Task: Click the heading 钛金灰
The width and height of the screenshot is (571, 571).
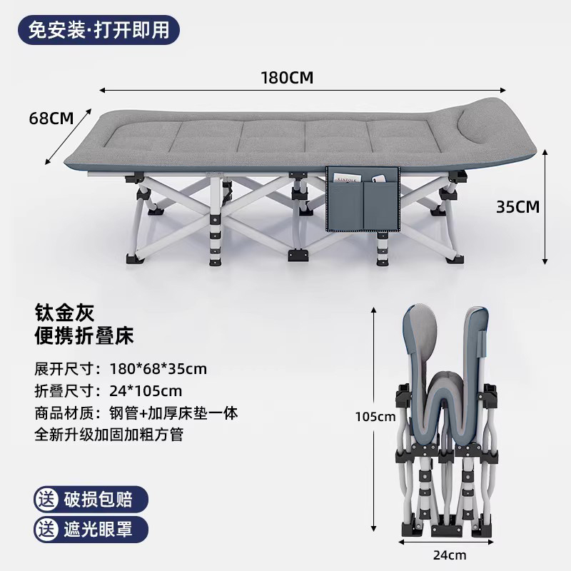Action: click(x=64, y=312)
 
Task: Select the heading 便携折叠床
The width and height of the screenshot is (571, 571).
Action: click(x=84, y=335)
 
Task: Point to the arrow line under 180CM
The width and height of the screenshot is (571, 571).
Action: click(x=303, y=91)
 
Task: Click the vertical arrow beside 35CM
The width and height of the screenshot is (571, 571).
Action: click(x=545, y=207)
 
